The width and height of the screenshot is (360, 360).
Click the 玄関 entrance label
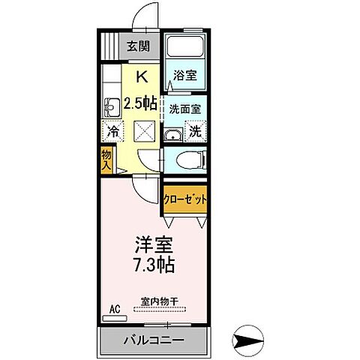point(138,46)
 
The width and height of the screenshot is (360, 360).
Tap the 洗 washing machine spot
point(194,130)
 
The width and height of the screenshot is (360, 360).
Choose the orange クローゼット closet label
point(184,199)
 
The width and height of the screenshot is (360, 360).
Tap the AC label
point(115,308)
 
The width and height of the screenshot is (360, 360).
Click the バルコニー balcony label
point(154,342)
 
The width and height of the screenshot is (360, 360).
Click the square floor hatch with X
point(144,133)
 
